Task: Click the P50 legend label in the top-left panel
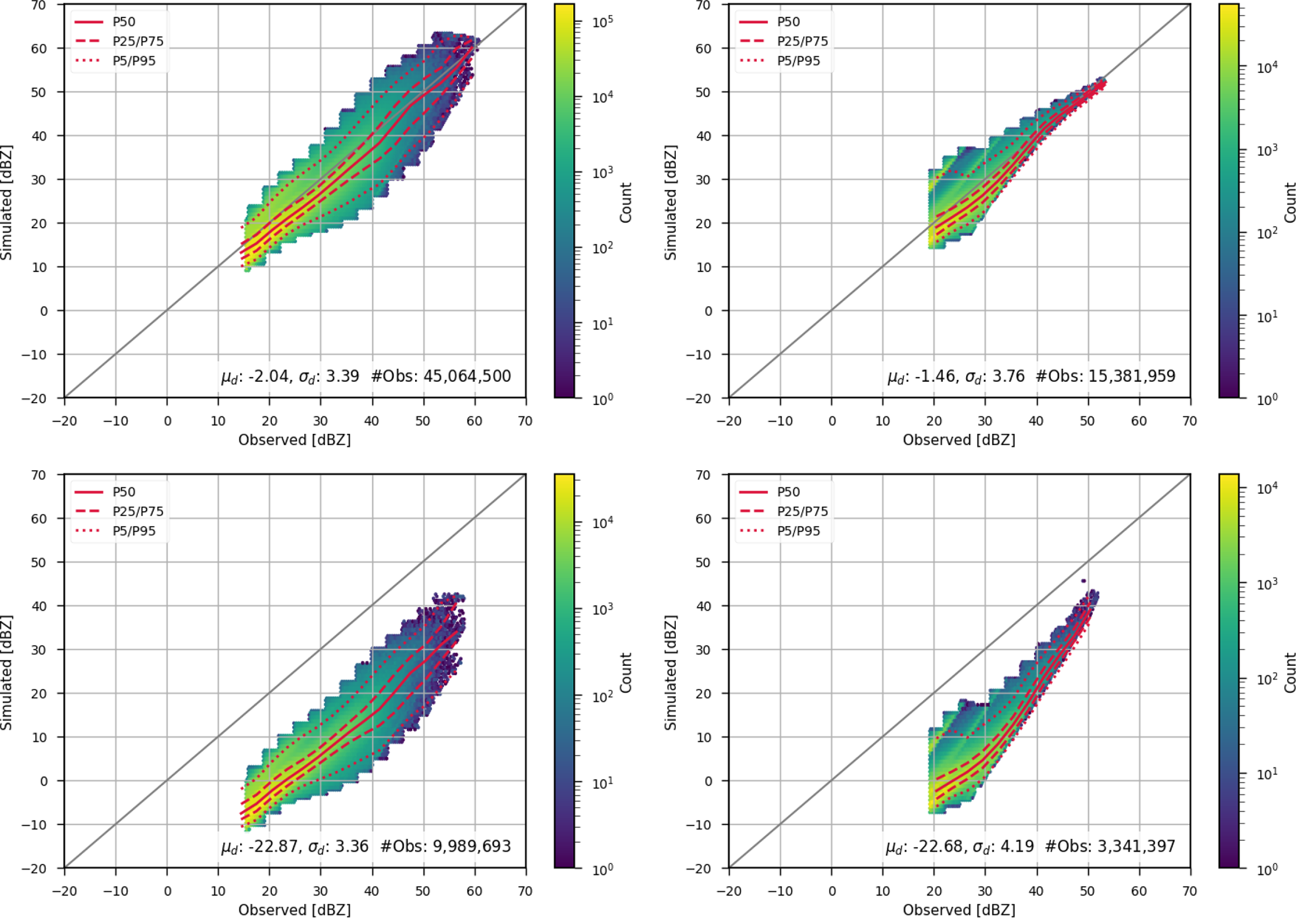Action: pyautogui.click(x=124, y=22)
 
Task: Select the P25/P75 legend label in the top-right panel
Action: pyautogui.click(x=802, y=41)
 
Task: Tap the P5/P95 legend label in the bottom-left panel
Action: pyautogui.click(x=134, y=531)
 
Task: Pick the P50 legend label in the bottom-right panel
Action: pyautogui.click(x=788, y=492)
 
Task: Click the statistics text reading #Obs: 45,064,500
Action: pyautogui.click(x=441, y=376)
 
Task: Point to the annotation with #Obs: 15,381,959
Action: pyautogui.click(x=1105, y=376)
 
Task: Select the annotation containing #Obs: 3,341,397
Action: pyautogui.click(x=1110, y=847)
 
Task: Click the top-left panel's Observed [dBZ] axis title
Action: pyautogui.click(x=294, y=440)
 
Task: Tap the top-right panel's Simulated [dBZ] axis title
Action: pyautogui.click(x=670, y=203)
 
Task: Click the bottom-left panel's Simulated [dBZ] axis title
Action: pyautogui.click(x=6, y=672)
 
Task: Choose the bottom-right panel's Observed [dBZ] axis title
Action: pyautogui.click(x=959, y=910)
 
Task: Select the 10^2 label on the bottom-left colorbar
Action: pyautogui.click(x=602, y=697)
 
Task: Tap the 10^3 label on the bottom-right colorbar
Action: pyautogui.click(x=1267, y=584)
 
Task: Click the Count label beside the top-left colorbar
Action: pyautogui.click(x=626, y=203)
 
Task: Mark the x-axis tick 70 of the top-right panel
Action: pyautogui.click(x=1189, y=421)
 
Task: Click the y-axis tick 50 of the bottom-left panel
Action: pyautogui.click(x=39, y=562)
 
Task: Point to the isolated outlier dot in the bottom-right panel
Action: pyautogui.click(x=1083, y=581)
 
